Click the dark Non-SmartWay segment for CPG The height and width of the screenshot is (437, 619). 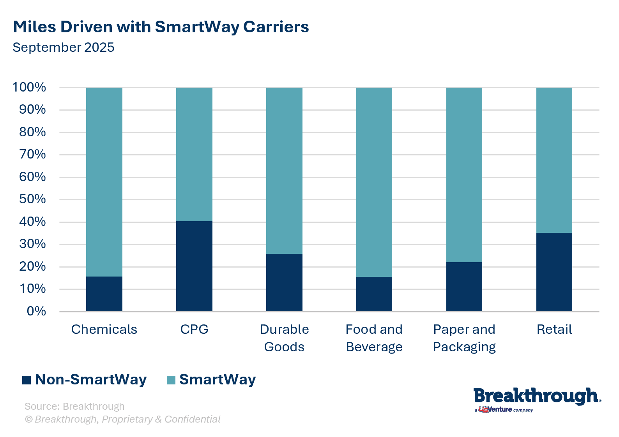tap(194, 266)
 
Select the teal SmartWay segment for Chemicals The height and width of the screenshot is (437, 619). tap(104, 182)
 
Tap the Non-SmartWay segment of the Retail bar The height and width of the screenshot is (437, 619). tap(554, 272)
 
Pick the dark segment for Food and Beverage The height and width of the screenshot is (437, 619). tap(374, 294)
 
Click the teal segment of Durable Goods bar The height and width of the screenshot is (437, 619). tap(284, 171)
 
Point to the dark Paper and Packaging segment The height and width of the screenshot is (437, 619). tap(464, 287)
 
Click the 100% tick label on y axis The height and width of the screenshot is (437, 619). tap(29, 87)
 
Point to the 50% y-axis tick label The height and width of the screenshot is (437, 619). tap(32, 199)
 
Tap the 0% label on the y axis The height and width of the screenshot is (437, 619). tap(36, 311)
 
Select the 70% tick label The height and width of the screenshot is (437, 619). tap(32, 155)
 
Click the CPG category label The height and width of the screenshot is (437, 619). tap(194, 330)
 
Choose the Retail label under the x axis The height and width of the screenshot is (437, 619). tap(554, 330)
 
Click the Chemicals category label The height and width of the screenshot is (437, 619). tap(104, 330)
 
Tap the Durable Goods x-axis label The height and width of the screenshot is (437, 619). tap(284, 338)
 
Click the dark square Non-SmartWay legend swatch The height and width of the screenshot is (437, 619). tap(27, 380)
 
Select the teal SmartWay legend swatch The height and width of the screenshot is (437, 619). tap(171, 380)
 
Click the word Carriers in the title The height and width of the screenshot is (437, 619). tap(276, 27)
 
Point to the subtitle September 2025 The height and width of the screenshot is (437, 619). tap(64, 48)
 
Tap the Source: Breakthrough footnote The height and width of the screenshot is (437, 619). tap(74, 406)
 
